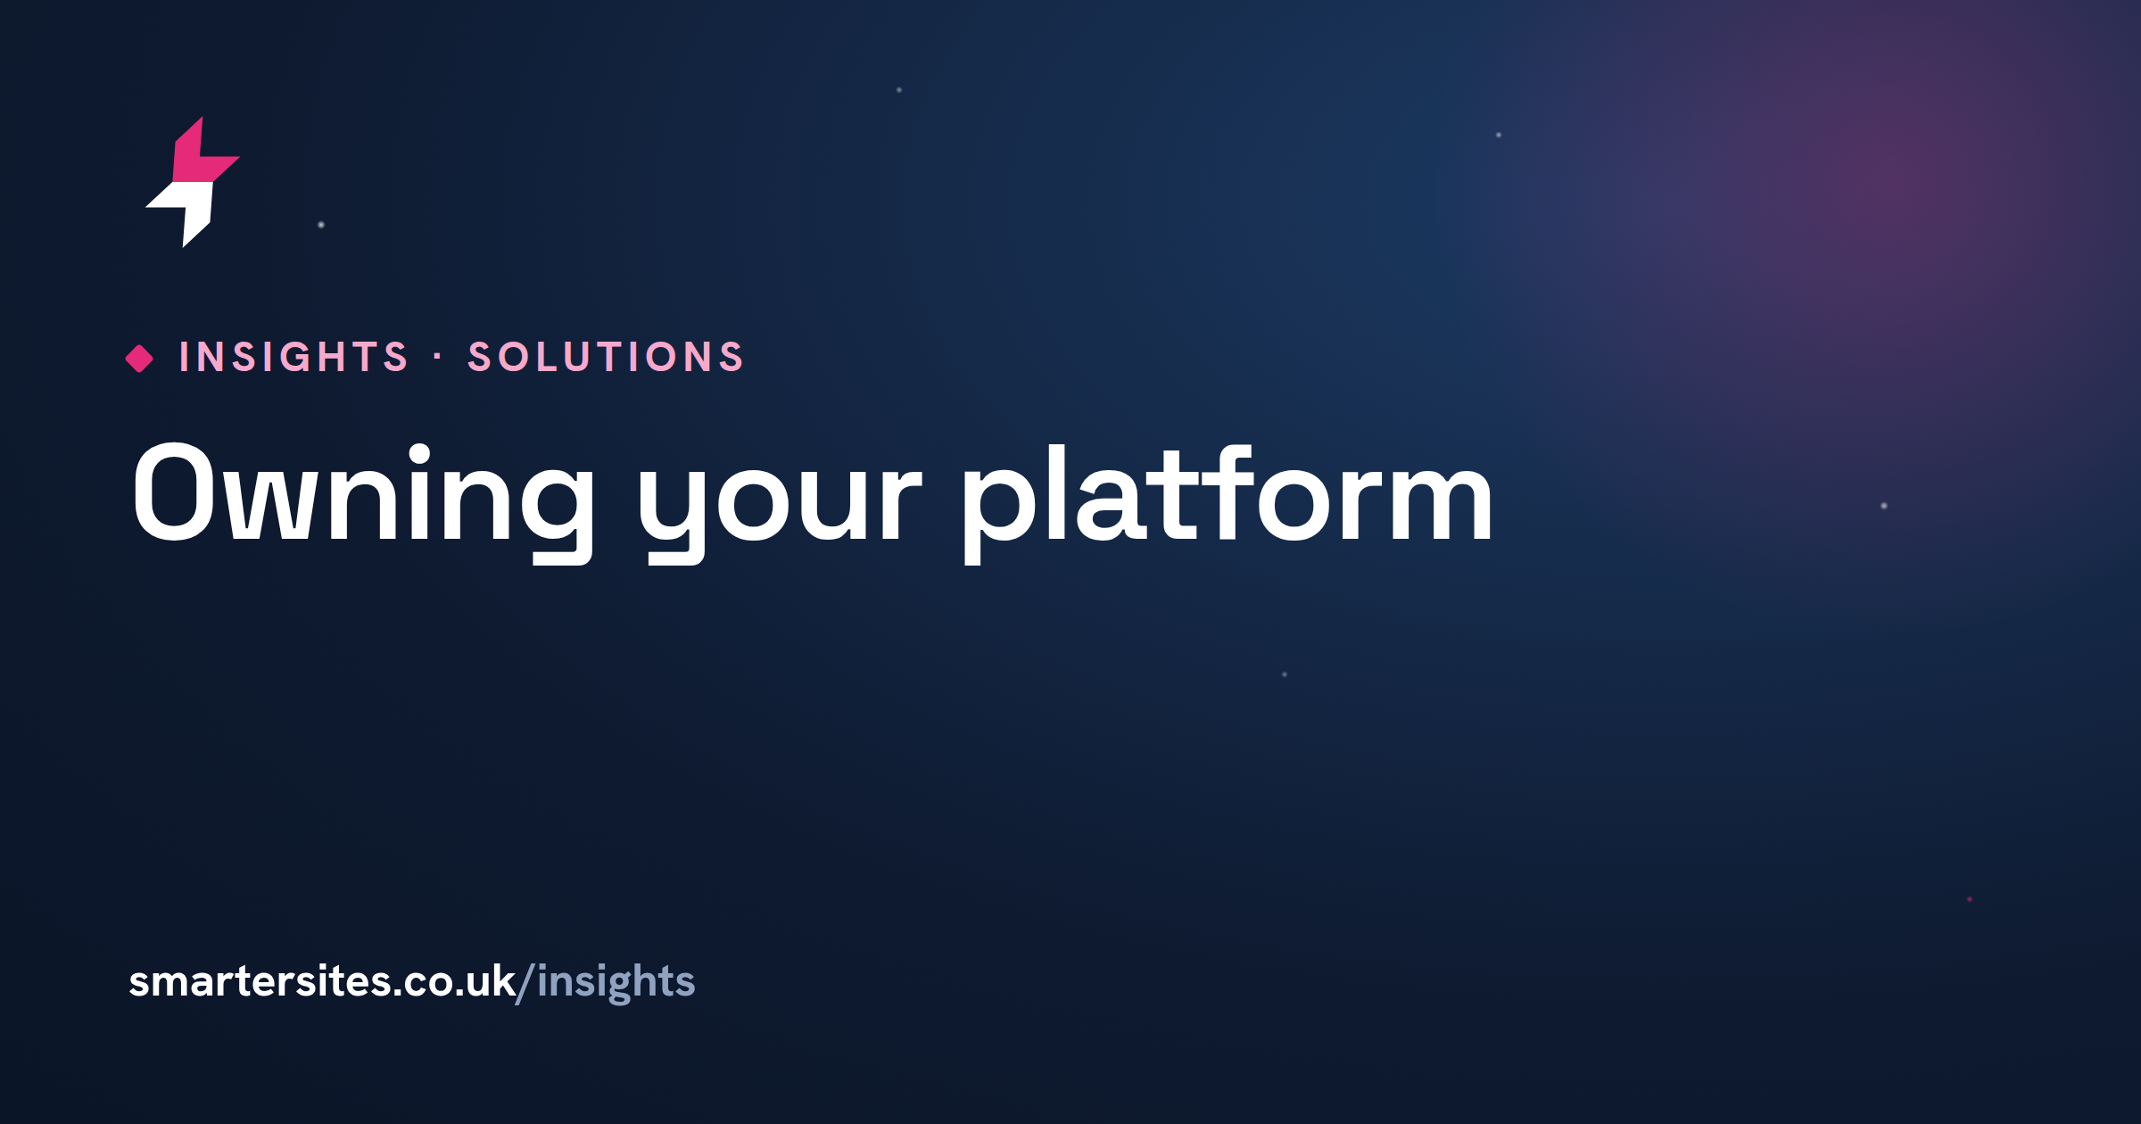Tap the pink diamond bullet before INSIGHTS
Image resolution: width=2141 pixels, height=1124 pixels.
[x=139, y=359]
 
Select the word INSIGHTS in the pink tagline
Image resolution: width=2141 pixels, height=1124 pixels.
[x=293, y=358]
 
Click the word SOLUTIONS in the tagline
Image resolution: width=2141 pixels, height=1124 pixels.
[x=606, y=358]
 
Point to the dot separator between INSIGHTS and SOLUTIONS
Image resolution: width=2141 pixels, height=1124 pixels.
[x=438, y=358]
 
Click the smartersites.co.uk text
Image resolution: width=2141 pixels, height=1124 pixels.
[x=322, y=981]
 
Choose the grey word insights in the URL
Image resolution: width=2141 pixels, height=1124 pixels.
[x=616, y=983]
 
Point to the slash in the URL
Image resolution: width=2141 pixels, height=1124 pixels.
[x=525, y=983]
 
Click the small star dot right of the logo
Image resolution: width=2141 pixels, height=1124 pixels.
[x=321, y=225]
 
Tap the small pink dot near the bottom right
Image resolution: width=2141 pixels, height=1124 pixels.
[x=1970, y=899]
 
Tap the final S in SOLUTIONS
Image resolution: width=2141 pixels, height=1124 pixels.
[x=731, y=358]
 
